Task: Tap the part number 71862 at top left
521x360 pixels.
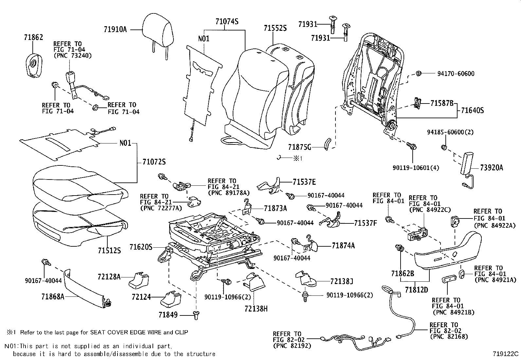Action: point(33,38)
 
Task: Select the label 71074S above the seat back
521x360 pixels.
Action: point(226,22)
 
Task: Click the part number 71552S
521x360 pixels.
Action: point(275,28)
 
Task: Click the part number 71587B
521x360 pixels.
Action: point(442,104)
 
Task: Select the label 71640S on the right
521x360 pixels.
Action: point(472,110)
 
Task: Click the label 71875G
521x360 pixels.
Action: point(300,147)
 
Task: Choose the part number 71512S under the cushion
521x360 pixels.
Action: point(109,251)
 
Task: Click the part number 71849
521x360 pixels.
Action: point(168,315)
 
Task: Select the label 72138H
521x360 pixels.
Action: point(256,309)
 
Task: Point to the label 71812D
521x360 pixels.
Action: point(416,290)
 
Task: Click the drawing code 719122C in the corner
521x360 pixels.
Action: point(506,354)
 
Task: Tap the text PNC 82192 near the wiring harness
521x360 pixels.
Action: point(292,346)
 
